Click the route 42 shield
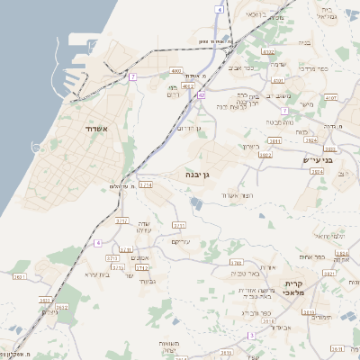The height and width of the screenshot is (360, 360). [x=202, y=94]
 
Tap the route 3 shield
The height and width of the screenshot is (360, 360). [x=253, y=335]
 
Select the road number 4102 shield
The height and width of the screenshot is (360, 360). [x=267, y=52]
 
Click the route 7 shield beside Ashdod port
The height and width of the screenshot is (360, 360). [x=132, y=77]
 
